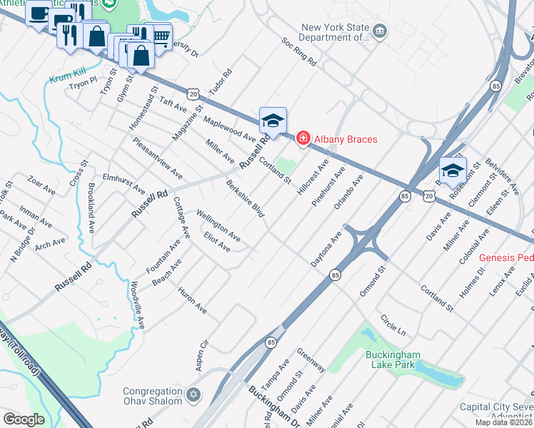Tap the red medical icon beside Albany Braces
[x=303, y=138]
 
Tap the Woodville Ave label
[x=137, y=305]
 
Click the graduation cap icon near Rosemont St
[x=452, y=170]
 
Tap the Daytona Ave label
[x=326, y=248]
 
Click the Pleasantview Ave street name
[x=157, y=158]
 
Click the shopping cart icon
[x=161, y=35]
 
